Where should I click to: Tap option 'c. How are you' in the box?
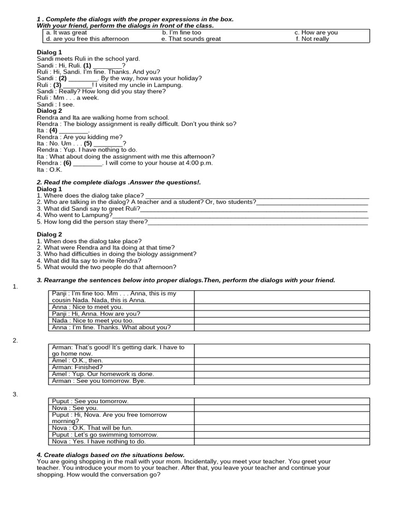point(316,32)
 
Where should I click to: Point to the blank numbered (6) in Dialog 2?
point(88,163)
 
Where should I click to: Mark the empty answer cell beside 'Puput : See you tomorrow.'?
point(282,401)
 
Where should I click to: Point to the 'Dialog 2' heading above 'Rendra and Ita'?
point(50,111)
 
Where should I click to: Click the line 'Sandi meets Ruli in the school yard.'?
point(88,59)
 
